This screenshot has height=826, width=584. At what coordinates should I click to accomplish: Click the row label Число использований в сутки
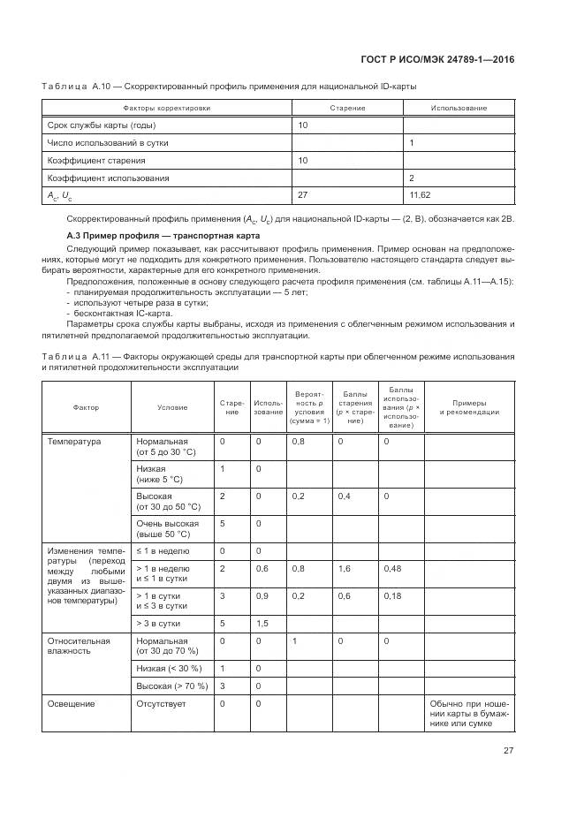point(108,142)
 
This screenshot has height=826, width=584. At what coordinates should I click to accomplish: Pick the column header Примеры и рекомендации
point(470,407)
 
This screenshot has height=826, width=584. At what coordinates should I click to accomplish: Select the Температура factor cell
point(74,441)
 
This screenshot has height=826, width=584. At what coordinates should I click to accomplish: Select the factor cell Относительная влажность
point(80,645)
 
